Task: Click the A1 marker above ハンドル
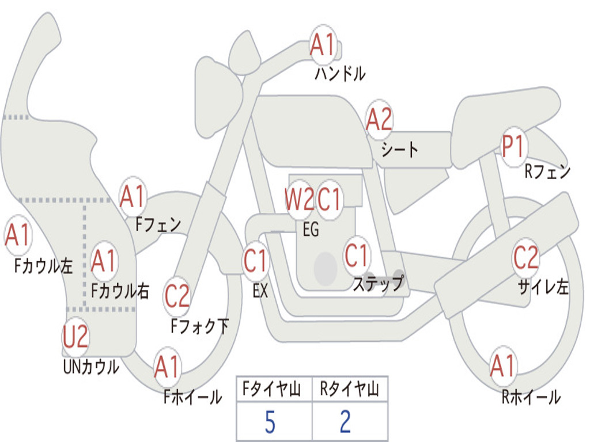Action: point(323,44)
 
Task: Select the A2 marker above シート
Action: point(379,119)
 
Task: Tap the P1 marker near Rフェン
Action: point(514,146)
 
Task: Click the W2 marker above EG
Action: point(299,199)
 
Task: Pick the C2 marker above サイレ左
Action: point(525,257)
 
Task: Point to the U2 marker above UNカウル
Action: point(75,336)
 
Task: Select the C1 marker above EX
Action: point(255,260)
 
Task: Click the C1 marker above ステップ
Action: point(357,255)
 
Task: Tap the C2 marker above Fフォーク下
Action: point(177,295)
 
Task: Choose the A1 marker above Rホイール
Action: point(503,365)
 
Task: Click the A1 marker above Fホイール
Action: point(167,366)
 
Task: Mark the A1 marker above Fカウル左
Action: point(18,235)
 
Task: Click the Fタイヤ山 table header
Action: point(272,388)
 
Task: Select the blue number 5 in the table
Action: point(270,422)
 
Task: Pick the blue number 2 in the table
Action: point(346,422)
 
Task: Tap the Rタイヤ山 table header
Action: point(349,388)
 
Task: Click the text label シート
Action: point(400,149)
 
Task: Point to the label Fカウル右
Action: point(120,291)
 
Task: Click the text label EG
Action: point(311,229)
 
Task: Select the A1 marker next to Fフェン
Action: point(133,196)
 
